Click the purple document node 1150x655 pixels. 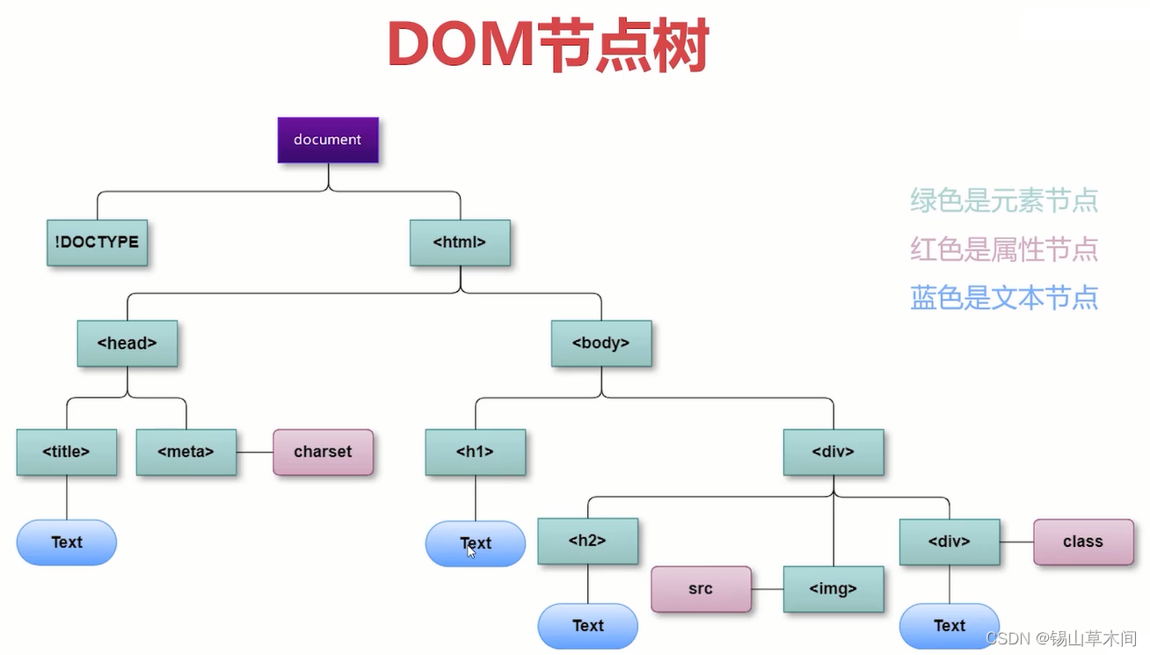(x=328, y=140)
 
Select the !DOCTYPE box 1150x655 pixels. (x=97, y=242)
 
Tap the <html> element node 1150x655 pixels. (x=460, y=242)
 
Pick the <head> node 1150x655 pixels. (x=127, y=343)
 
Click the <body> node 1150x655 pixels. (x=601, y=343)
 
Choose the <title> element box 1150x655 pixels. (x=67, y=452)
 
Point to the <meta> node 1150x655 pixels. (x=186, y=452)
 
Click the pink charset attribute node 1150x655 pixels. (x=323, y=452)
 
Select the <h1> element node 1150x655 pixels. (x=475, y=452)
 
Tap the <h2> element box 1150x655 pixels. (x=587, y=541)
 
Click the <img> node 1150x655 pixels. (x=833, y=588)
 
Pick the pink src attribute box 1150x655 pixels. (x=701, y=588)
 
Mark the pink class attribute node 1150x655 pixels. (x=1082, y=542)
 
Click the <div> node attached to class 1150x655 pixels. (x=950, y=542)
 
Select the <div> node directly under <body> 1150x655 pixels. (x=833, y=452)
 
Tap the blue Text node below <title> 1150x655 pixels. (x=67, y=542)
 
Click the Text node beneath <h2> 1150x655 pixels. (x=587, y=626)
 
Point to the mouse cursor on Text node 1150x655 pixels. (x=471, y=550)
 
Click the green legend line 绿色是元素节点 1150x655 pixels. (x=1004, y=200)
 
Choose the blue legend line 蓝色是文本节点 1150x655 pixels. (x=1004, y=298)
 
